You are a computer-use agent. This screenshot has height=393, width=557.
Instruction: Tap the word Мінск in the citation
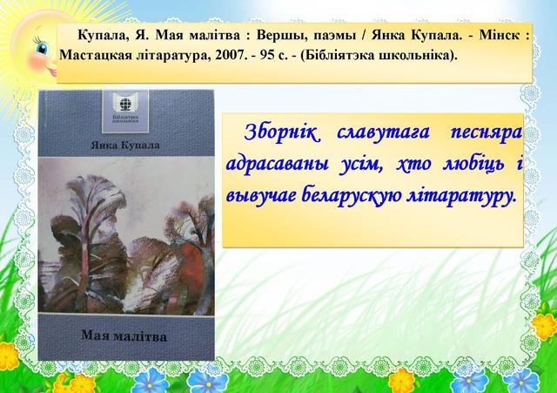500,35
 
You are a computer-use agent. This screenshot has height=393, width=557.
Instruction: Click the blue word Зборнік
281,132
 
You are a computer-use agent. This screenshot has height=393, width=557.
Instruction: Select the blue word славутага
383,133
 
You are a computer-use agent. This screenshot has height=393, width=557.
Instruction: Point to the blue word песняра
487,133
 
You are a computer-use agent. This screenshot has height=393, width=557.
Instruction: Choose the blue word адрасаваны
277,165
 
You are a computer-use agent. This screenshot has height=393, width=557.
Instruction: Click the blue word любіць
473,164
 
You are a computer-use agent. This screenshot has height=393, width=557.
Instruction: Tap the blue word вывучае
261,196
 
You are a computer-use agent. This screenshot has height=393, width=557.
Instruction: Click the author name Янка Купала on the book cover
125,146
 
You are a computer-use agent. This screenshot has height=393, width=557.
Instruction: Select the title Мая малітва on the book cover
124,335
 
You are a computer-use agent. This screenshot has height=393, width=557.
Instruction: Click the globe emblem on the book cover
125,104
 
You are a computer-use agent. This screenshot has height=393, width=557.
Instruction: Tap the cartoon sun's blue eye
42,48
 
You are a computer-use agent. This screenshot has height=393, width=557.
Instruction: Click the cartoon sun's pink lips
53,72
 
